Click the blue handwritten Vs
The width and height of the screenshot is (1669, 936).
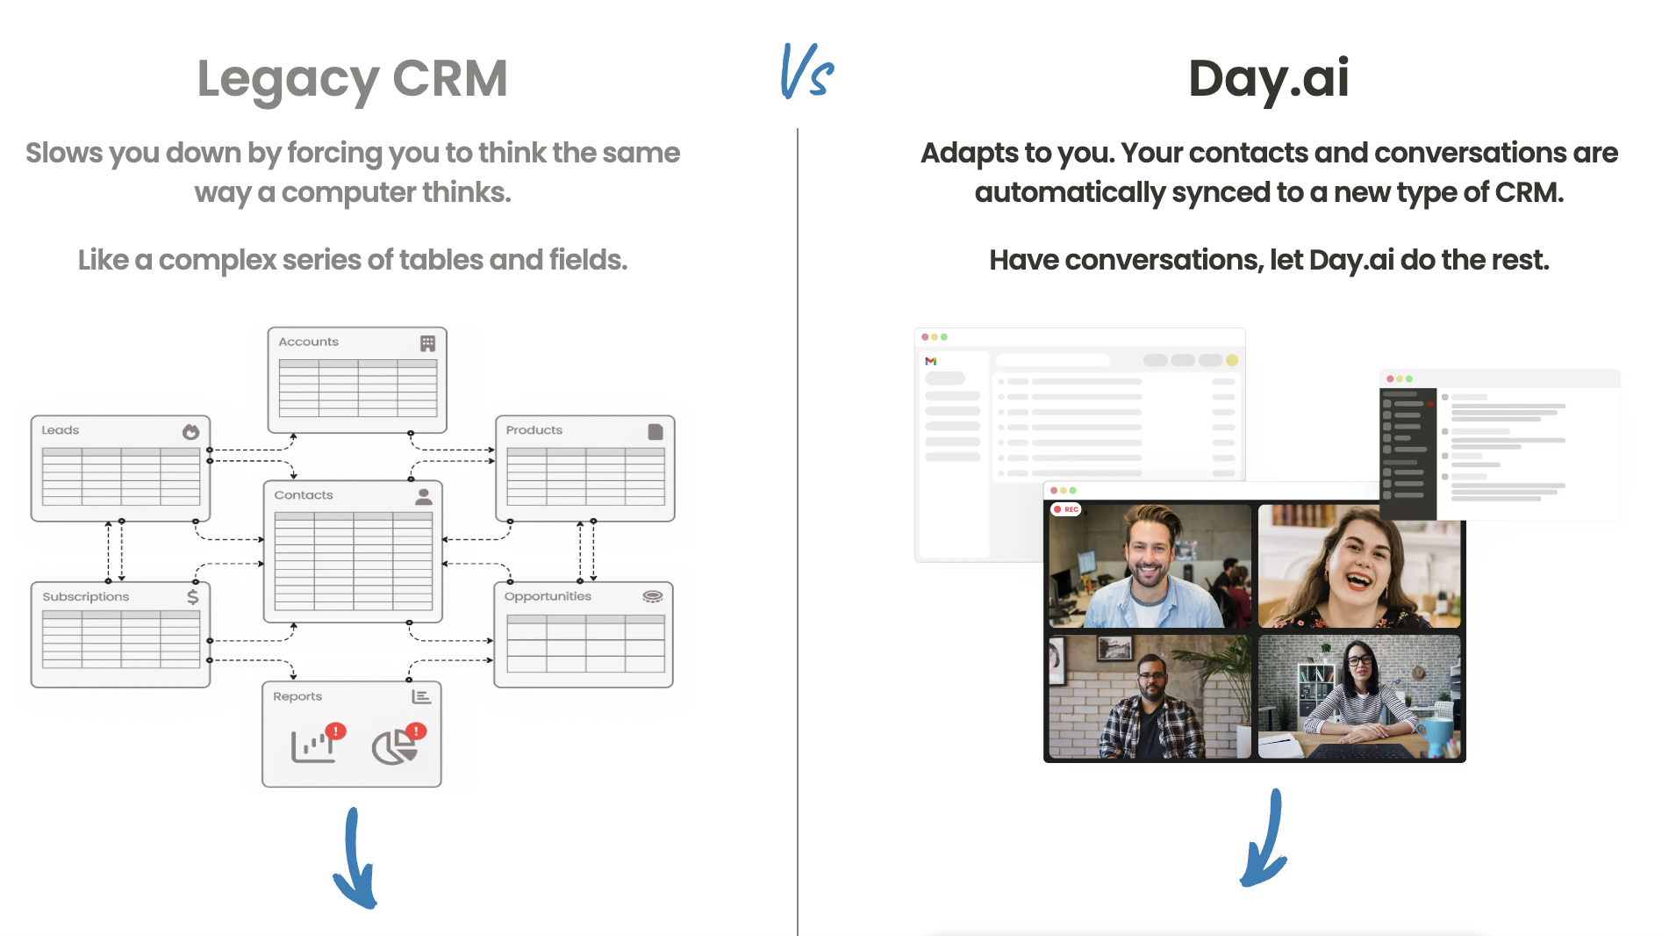pos(806,71)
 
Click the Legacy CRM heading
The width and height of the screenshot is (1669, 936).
pos(353,79)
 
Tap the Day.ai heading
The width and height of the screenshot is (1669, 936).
pos(1268,78)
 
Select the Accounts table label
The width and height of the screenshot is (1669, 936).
pos(308,342)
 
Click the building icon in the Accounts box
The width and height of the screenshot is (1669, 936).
pos(427,343)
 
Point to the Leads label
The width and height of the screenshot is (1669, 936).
pos(61,430)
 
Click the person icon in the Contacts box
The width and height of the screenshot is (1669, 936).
pos(423,496)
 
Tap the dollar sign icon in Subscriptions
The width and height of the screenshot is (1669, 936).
pos(192,596)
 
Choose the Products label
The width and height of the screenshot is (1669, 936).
pos(534,430)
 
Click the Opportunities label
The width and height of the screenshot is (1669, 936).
pos(548,596)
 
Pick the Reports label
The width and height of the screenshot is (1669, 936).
pos(297,696)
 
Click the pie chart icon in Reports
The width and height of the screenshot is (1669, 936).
pos(394,747)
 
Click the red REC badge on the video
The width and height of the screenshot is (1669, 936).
pos(1066,509)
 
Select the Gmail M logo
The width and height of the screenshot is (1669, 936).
pos(931,361)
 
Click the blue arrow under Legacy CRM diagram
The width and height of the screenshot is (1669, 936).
pos(355,858)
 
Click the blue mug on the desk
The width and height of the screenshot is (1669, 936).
pos(1437,736)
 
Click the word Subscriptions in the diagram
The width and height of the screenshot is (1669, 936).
pos(86,597)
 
